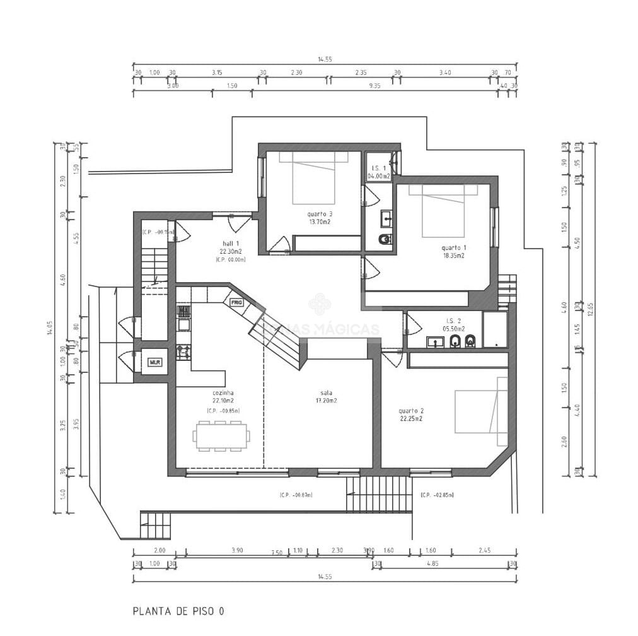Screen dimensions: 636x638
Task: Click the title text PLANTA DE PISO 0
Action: [x=178, y=611]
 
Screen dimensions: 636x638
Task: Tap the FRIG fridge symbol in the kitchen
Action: [x=236, y=302]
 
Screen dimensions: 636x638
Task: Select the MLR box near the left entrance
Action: [x=154, y=362]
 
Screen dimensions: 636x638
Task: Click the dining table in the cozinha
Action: [x=221, y=436]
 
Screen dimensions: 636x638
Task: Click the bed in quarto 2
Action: [x=481, y=411]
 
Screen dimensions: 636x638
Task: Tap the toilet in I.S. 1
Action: [x=385, y=239]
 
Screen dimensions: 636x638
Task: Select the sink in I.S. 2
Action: [x=435, y=342]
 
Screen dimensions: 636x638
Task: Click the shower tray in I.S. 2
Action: [x=495, y=330]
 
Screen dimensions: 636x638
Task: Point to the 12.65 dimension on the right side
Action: [x=590, y=309]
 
